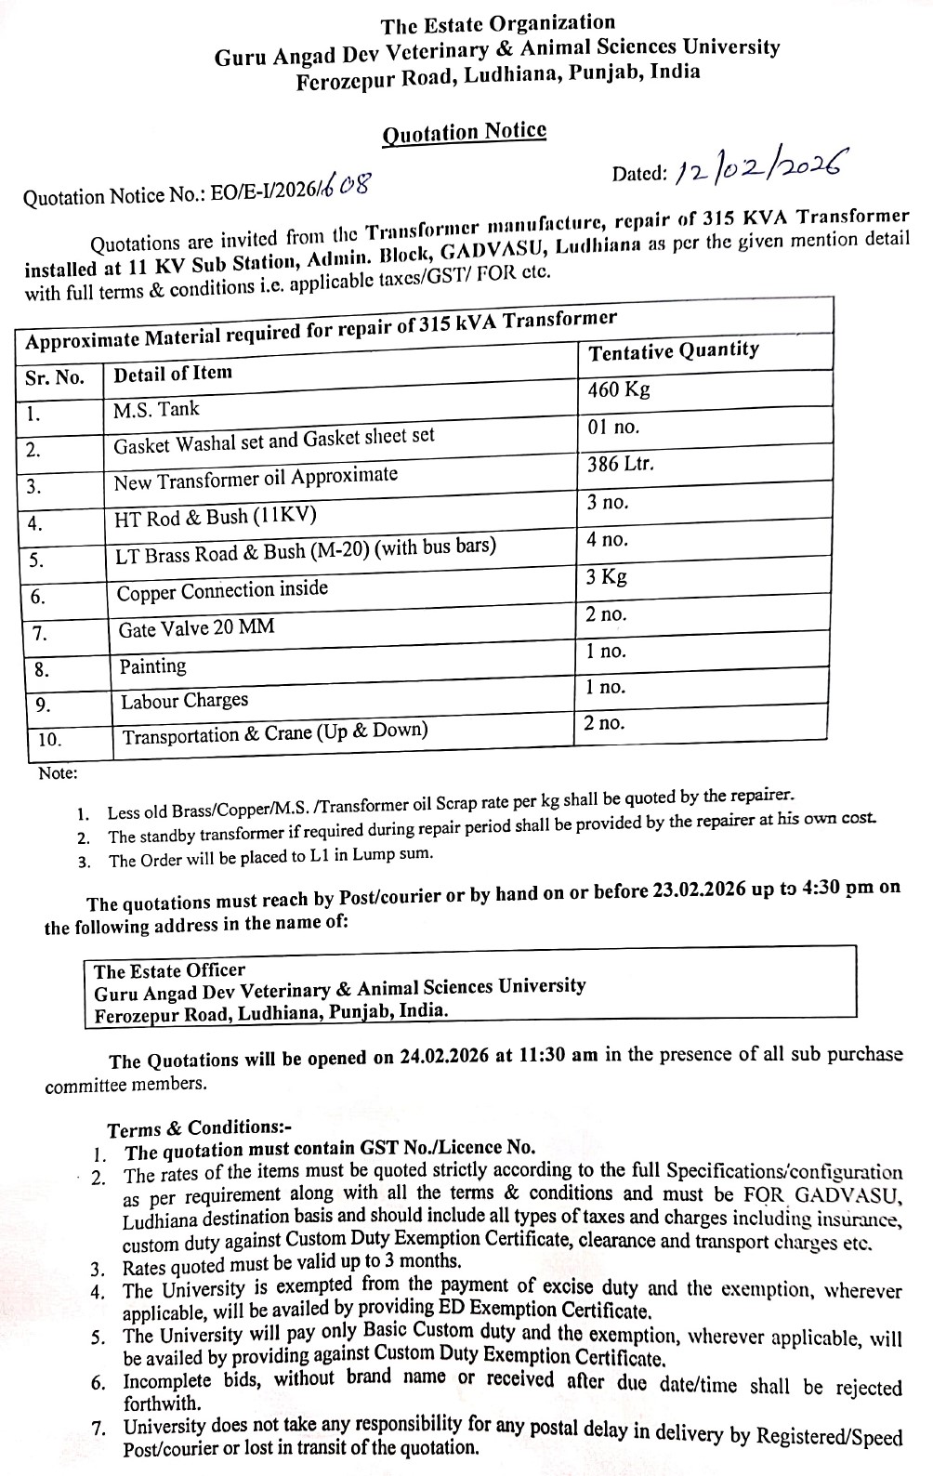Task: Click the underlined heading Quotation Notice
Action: tap(465, 132)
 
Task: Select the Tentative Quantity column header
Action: tap(674, 351)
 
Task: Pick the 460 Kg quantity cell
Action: tap(619, 389)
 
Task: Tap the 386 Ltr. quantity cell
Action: tap(621, 464)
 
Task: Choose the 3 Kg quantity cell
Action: tap(607, 577)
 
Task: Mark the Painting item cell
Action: tap(153, 666)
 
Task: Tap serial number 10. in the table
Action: tap(50, 740)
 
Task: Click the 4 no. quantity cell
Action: tap(608, 540)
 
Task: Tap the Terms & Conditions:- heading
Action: tap(200, 1129)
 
